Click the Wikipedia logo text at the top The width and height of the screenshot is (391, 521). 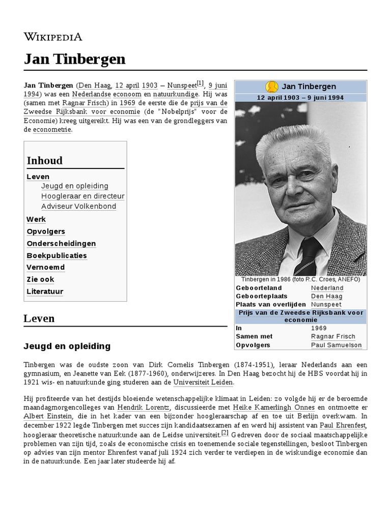(52, 36)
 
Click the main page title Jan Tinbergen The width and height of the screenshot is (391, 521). (74, 59)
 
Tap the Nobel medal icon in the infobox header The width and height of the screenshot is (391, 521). (271, 86)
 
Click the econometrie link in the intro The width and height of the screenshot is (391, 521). (52, 130)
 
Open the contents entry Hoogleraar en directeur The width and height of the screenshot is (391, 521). (82, 196)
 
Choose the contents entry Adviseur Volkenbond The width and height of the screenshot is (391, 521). (78, 206)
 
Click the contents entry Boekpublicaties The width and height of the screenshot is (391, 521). (57, 255)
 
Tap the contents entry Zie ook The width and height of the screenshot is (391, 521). (40, 279)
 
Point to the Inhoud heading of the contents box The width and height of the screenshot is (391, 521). (45, 161)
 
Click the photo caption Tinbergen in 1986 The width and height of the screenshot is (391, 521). (300, 279)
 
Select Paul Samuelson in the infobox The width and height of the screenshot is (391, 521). (336, 345)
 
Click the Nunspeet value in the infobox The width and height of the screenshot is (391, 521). (326, 304)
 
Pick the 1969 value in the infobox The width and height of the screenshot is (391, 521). (319, 328)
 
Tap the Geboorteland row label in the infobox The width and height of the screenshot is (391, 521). (259, 288)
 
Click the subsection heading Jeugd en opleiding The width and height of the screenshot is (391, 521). (67, 346)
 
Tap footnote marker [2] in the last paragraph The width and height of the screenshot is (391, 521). (225, 432)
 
